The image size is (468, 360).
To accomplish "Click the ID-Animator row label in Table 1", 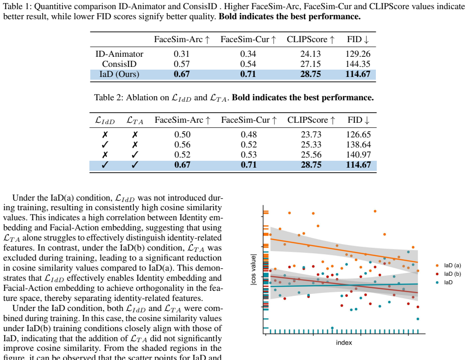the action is coord(119,54).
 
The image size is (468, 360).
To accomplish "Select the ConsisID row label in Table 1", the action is coord(119,64).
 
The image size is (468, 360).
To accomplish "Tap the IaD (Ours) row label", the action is coord(119,74).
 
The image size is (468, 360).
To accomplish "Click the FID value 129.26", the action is coord(358,54).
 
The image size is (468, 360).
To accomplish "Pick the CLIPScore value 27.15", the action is coord(310,64).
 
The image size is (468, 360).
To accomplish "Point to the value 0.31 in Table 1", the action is coord(182,54).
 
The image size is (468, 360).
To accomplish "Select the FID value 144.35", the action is coord(358,64).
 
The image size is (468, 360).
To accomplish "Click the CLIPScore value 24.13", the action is coord(310,54).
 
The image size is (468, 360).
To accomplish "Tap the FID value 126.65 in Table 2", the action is coord(358,135).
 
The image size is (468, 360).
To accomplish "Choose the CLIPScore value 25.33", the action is coord(311,145).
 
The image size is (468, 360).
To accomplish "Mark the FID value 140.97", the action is coord(358,155).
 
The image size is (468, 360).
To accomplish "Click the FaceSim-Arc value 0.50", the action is coord(182,135).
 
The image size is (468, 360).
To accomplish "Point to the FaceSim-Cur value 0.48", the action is coord(248,135).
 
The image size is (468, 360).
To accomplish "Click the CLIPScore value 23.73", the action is coord(311,135).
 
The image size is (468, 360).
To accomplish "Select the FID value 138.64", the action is coord(358,145).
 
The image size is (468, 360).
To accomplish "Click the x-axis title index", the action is coord(344,343).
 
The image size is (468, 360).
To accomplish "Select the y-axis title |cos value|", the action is coord(253,270).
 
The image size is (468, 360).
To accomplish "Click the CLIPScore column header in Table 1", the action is coord(310,39).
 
